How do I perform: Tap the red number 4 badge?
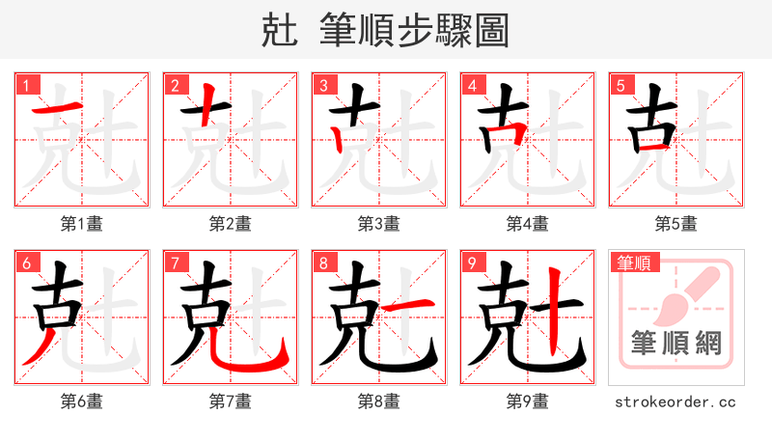pyautogui.click(x=472, y=86)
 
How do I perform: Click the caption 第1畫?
pyautogui.click(x=81, y=224)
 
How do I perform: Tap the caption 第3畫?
pyautogui.click(x=378, y=224)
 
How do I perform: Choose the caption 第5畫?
pyautogui.click(x=675, y=224)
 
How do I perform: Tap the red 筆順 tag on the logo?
pyautogui.click(x=632, y=262)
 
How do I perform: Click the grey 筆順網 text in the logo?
pyautogui.click(x=675, y=341)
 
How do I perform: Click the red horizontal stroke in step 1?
pyautogui.click(x=56, y=106)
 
